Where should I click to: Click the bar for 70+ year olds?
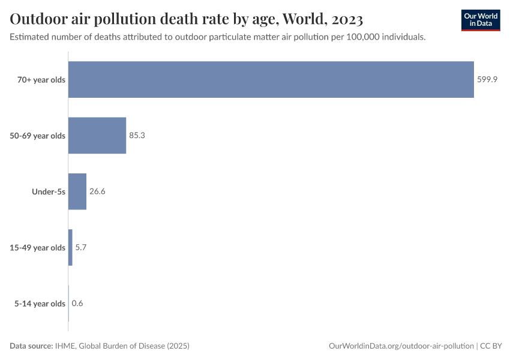point(271,80)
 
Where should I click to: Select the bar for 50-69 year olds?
point(97,136)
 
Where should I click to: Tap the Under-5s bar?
point(77,191)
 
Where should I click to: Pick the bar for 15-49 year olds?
point(70,247)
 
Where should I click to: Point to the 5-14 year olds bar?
point(68,303)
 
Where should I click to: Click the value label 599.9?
point(487,80)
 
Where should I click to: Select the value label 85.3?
point(137,136)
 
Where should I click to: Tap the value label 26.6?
point(97,191)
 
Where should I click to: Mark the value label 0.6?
point(77,303)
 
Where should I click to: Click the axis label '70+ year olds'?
point(41,80)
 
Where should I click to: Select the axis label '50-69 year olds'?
point(38,136)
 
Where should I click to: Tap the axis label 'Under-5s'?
point(49,191)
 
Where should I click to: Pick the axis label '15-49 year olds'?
point(38,247)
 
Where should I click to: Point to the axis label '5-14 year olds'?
point(40,303)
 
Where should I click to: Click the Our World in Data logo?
point(481,20)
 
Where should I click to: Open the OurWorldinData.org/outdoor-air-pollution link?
point(401,346)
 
